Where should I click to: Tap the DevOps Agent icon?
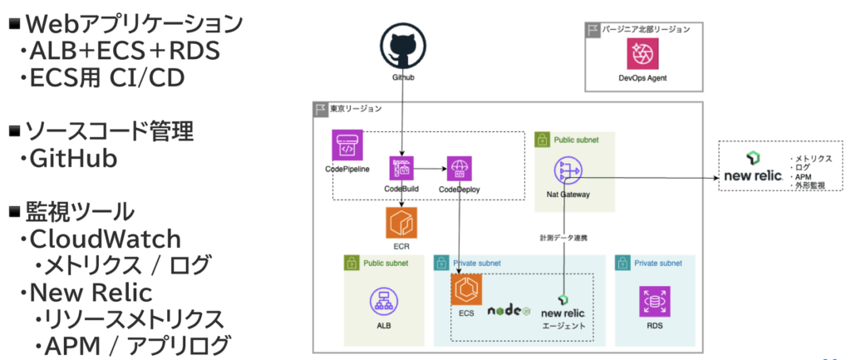(x=642, y=55)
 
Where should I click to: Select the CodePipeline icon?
(x=347, y=145)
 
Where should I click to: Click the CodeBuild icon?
(x=402, y=168)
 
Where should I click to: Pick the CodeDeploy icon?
(x=459, y=168)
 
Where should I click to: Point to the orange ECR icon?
(x=401, y=223)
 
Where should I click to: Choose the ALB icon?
(x=383, y=301)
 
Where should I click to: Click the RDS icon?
(x=654, y=301)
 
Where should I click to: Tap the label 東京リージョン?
(x=357, y=109)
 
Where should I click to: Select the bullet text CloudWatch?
(x=105, y=239)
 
